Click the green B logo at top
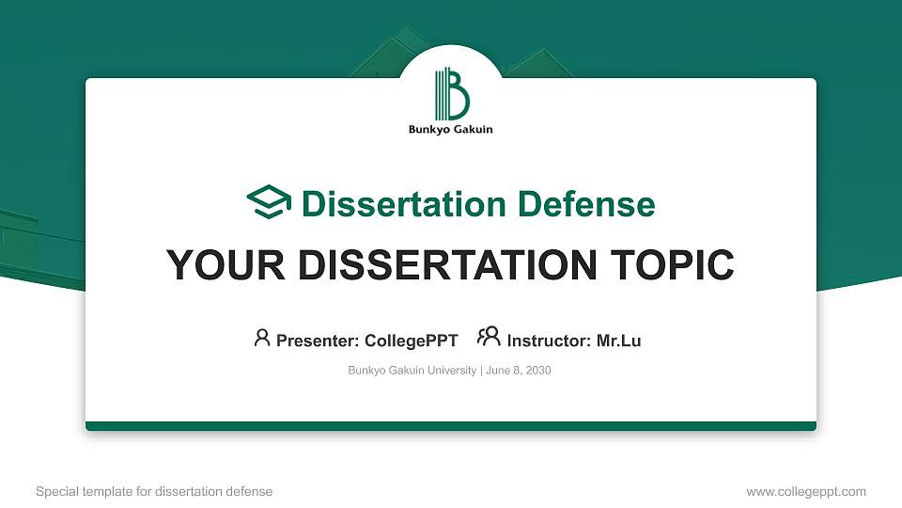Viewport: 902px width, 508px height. click(451, 93)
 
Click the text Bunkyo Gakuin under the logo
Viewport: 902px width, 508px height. click(451, 130)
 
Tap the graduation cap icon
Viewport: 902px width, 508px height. click(269, 202)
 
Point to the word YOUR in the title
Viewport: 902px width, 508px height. click(219, 265)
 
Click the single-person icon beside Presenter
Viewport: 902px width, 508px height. click(262, 338)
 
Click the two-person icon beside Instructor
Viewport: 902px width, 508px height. click(489, 338)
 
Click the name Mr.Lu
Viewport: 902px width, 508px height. click(618, 341)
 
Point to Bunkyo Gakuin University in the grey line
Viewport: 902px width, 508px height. click(412, 371)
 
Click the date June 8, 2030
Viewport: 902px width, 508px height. click(519, 371)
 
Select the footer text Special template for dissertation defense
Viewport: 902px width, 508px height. click(154, 491)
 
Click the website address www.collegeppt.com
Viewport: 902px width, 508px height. click(806, 491)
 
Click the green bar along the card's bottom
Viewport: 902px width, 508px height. click(451, 426)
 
